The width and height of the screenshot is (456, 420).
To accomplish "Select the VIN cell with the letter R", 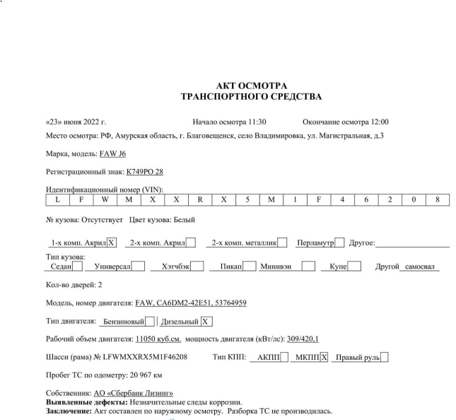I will (200, 199).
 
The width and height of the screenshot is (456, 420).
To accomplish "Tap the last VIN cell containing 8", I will (438, 199).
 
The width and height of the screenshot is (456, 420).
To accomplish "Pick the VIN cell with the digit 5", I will (247, 199).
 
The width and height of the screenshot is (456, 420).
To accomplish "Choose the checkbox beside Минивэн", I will (308, 267).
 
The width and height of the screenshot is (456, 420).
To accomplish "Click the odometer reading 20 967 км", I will (143, 375).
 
